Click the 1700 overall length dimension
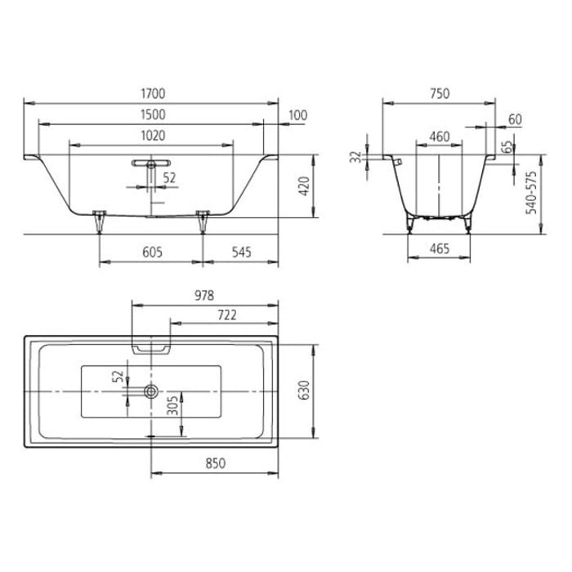(x=152, y=94)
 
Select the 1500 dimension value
(x=152, y=115)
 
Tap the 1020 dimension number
(x=152, y=136)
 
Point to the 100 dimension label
(x=297, y=115)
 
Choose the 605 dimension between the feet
(x=151, y=252)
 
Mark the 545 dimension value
(x=240, y=252)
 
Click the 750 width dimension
(x=439, y=94)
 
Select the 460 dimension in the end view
(x=439, y=136)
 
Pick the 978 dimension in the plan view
(x=202, y=295)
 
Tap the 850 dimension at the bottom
(x=214, y=463)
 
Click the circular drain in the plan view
(x=151, y=392)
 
